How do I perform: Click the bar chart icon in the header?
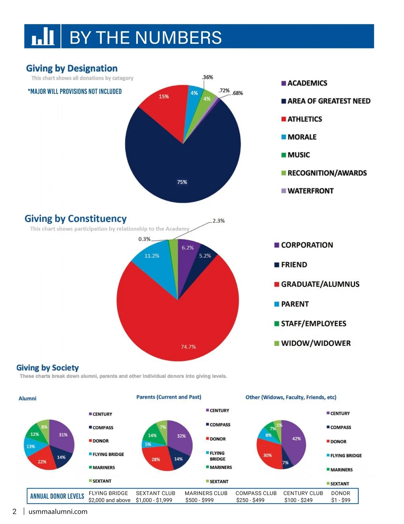click(x=43, y=36)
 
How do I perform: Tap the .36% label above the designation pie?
click(x=208, y=77)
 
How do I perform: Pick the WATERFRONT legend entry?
click(x=310, y=191)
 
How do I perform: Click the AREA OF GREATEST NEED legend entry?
click(x=328, y=101)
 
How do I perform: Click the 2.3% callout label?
click(x=218, y=221)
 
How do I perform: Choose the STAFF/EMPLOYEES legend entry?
click(x=313, y=324)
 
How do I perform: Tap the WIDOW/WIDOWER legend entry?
click(x=315, y=343)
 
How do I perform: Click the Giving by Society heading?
click(x=47, y=368)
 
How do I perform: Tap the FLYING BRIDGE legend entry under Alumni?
click(x=108, y=454)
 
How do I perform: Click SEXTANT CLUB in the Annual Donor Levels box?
click(x=156, y=493)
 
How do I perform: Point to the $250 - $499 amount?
click(x=250, y=500)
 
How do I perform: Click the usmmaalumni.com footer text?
click(x=58, y=512)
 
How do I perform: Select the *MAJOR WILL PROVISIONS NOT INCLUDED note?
click(x=75, y=91)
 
